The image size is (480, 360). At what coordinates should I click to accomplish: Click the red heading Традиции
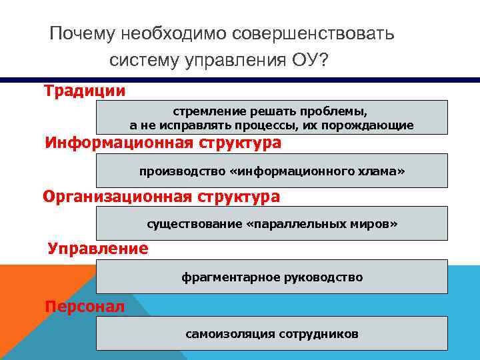85,90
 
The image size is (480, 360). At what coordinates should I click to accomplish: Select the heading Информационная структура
163,143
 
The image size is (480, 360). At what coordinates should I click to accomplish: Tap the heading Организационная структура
161,197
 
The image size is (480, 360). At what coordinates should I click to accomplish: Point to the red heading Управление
98,249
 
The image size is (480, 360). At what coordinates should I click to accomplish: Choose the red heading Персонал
84,307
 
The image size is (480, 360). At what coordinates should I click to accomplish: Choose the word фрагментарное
225,277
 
